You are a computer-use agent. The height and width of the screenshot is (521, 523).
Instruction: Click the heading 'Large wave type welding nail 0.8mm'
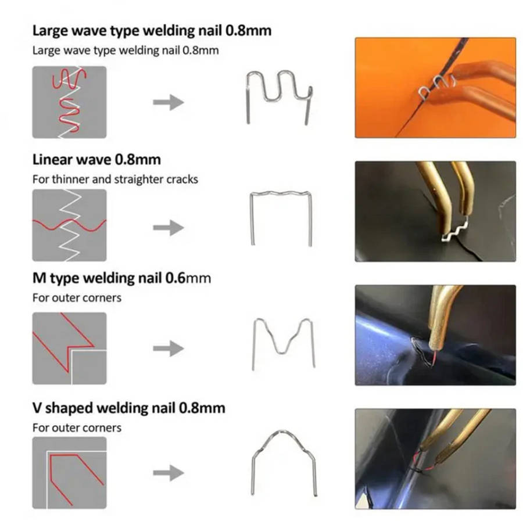click(152, 30)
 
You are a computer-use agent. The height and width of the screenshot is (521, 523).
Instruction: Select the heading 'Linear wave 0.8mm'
click(96, 159)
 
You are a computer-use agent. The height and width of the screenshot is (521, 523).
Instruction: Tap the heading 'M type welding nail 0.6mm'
click(121, 278)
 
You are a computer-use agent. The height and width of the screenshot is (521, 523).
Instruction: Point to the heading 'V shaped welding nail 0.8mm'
click(128, 408)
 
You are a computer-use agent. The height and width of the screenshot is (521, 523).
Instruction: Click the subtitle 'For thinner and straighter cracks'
click(115, 179)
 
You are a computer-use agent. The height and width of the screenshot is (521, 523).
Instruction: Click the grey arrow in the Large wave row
click(169, 103)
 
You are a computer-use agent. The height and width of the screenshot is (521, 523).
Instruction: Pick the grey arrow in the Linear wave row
click(169, 228)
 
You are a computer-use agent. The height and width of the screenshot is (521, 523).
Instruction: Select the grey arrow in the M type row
click(169, 348)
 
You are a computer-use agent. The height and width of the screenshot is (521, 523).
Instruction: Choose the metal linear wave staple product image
click(281, 218)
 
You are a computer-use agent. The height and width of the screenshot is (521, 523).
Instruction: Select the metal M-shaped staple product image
click(283, 343)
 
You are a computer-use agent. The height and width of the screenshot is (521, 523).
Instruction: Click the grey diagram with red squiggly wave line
click(69, 102)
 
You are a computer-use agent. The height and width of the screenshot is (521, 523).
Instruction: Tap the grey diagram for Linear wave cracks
click(69, 225)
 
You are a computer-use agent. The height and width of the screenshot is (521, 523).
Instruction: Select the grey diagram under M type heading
click(69, 348)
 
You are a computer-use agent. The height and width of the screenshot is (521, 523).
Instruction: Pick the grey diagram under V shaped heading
click(69, 472)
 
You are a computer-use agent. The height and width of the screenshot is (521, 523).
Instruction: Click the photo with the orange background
click(435, 88)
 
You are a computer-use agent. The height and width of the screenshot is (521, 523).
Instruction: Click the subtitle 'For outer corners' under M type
click(77, 297)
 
